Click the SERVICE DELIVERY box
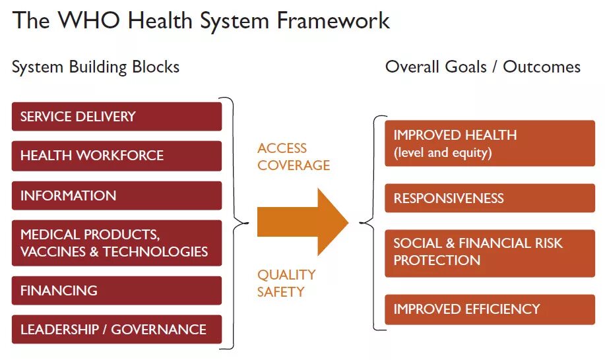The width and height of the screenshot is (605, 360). (117, 117)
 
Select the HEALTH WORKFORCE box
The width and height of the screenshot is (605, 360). (117, 156)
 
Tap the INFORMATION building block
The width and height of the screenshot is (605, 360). (117, 195)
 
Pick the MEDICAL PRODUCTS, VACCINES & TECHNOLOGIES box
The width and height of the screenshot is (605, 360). (117, 243)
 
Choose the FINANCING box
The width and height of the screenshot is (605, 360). (117, 290)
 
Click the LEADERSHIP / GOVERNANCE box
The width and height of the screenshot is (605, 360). (117, 330)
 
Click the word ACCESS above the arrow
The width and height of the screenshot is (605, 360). (282, 148)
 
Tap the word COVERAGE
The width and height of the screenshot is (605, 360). (294, 165)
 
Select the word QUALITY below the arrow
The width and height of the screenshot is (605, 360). (286, 274)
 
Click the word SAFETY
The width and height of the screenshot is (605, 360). (281, 291)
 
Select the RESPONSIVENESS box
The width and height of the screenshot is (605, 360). (490, 198)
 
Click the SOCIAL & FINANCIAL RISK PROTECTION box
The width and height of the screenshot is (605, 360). (490, 252)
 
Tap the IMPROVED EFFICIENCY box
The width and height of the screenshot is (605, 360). (490, 309)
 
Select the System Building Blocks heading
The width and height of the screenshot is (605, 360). (96, 67)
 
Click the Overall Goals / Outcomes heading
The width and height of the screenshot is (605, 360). (483, 67)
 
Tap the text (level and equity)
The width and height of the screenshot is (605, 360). (443, 153)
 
